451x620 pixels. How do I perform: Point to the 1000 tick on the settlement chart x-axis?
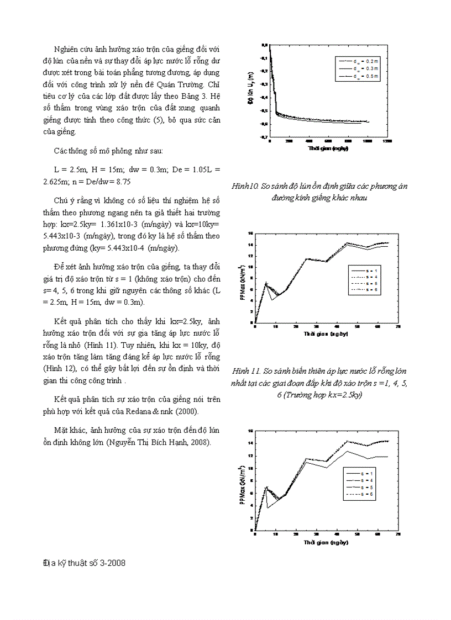point(368,142)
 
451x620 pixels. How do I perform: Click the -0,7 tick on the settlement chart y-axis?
point(264,137)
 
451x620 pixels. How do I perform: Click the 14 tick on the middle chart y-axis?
point(250,244)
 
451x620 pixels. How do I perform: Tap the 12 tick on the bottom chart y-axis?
point(250,455)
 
